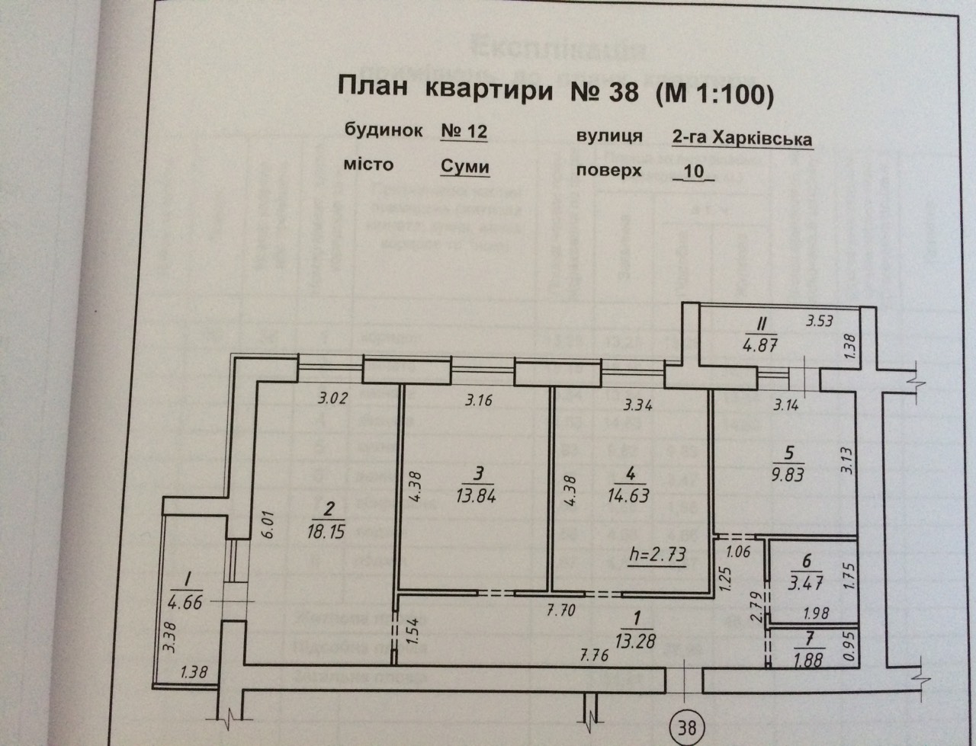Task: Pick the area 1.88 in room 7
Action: (x=808, y=660)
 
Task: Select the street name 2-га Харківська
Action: (x=741, y=139)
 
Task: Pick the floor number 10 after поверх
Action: (x=694, y=171)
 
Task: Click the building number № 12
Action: (x=464, y=131)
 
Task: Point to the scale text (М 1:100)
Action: (x=711, y=94)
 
